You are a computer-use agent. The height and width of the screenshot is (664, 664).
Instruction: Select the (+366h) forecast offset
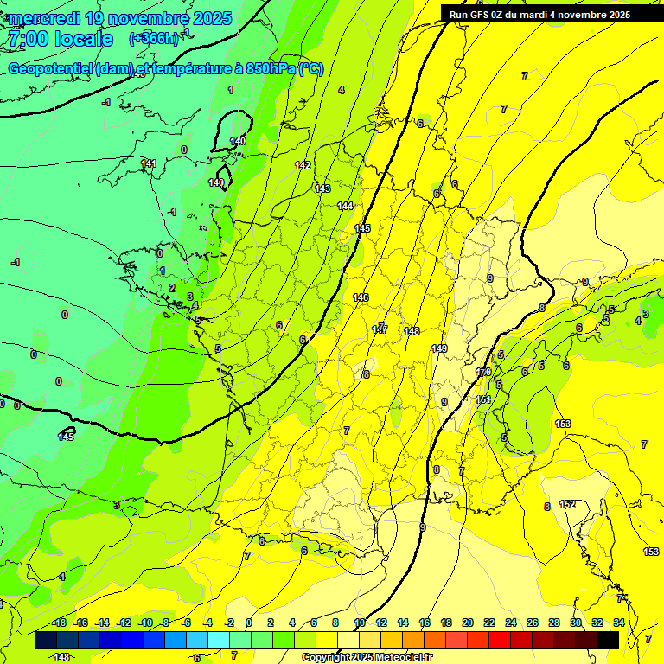[154, 38]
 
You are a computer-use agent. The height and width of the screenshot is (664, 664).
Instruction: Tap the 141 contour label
[149, 163]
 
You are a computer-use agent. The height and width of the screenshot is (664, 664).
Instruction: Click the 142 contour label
[303, 165]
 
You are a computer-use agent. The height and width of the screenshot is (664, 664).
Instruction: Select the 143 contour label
[322, 188]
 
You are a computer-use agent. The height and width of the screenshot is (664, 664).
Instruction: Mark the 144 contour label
[345, 206]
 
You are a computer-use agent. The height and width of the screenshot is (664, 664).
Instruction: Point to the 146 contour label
[361, 297]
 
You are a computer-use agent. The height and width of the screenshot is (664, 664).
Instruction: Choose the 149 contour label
[439, 348]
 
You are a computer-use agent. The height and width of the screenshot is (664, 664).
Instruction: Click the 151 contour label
[483, 399]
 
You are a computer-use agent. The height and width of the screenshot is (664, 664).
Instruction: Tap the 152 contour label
[567, 504]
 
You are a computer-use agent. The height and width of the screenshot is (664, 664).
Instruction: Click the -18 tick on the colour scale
[60, 622]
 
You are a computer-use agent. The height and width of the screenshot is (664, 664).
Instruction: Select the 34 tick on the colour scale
[619, 622]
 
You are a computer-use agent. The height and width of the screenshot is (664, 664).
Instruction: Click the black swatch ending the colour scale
[608, 640]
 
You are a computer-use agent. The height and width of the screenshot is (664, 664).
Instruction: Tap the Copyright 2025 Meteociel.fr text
[367, 657]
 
